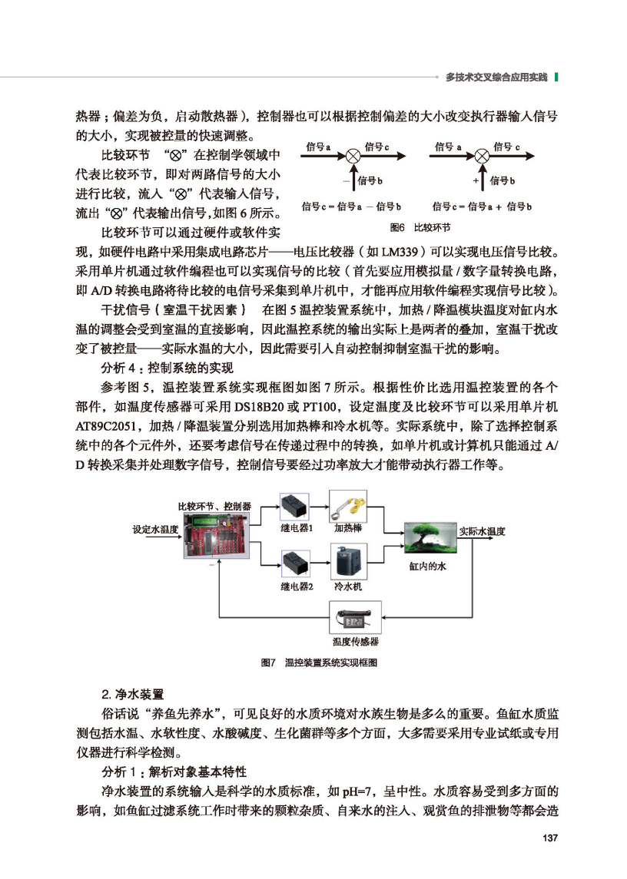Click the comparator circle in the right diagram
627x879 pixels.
click(x=482, y=156)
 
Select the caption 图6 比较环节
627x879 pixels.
click(x=420, y=228)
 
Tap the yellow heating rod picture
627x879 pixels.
click(x=348, y=507)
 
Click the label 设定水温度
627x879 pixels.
click(x=155, y=530)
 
